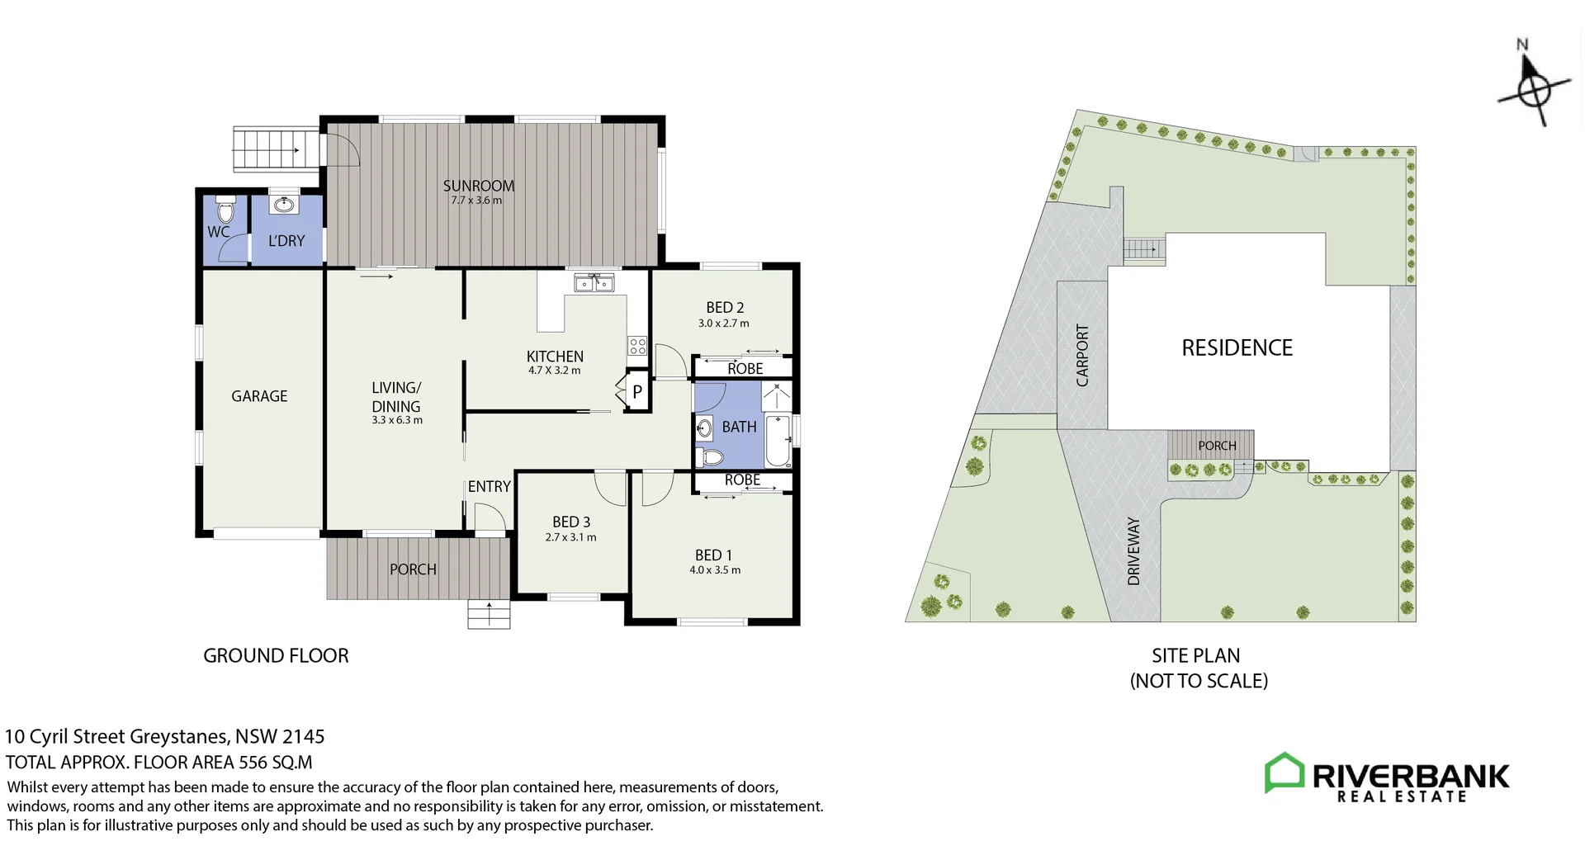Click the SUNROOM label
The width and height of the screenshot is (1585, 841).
point(478,186)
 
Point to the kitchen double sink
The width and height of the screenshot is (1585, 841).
point(594,283)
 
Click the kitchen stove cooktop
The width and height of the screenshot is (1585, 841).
point(636,346)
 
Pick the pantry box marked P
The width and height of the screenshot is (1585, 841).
point(636,393)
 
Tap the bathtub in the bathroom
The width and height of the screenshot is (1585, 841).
point(778,441)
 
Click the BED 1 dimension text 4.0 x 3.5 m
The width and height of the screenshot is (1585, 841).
point(715,570)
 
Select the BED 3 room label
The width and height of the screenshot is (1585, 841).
point(571,522)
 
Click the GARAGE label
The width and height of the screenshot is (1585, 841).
point(259,396)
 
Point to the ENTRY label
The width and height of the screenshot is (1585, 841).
point(489,487)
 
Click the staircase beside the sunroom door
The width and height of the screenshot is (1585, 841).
point(277,149)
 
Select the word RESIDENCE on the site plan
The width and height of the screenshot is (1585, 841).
point(1237,348)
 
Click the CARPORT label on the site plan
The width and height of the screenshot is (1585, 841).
point(1082,355)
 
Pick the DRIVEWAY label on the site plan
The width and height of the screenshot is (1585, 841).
point(1133,551)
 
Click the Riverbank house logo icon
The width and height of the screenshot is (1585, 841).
point(1285,773)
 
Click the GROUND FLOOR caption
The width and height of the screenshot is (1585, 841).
point(276,656)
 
